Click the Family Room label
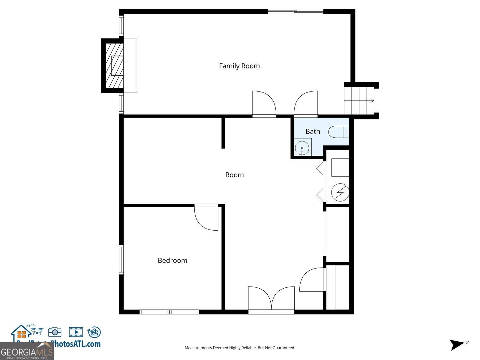pyautogui.click(x=239, y=66)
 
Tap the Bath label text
pyautogui.click(x=313, y=131)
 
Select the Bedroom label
pyautogui.click(x=172, y=260)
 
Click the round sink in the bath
pyautogui.click(x=302, y=148)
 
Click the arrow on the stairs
pyautogui.click(x=372, y=101)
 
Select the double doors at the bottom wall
pyautogui.click(x=271, y=300)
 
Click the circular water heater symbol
pyautogui.click(x=340, y=192)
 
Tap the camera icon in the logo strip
pyautogui.click(x=55, y=332)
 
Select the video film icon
pyautogui.click(x=76, y=332)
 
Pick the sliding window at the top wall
pyautogui.click(x=295, y=12)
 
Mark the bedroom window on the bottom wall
pyautogui.click(x=169, y=312)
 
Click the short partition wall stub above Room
pyautogui.click(x=223, y=133)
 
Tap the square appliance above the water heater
pyautogui.click(x=340, y=167)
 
